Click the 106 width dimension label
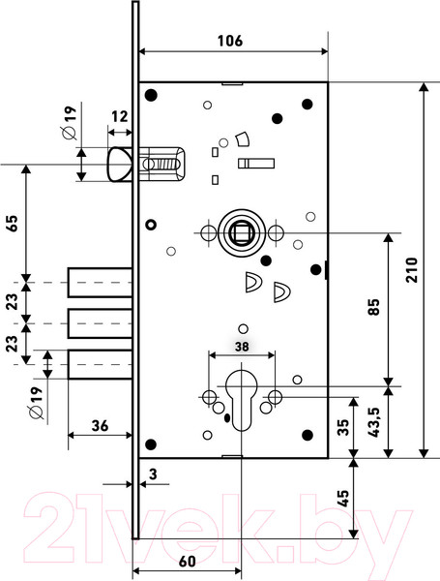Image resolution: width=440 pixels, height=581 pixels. (230, 41)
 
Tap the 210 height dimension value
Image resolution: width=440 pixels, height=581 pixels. (412, 270)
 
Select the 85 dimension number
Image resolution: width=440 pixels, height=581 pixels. (374, 307)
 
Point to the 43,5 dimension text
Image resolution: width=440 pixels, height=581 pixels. (374, 422)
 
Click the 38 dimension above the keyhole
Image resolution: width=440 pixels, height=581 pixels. (242, 347)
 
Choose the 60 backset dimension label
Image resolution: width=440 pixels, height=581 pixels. (188, 561)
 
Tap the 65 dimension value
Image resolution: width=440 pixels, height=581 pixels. (13, 223)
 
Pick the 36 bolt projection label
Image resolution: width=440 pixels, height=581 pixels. (100, 426)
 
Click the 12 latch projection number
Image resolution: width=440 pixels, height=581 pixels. (120, 116)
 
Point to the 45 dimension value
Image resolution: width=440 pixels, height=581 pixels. (343, 499)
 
